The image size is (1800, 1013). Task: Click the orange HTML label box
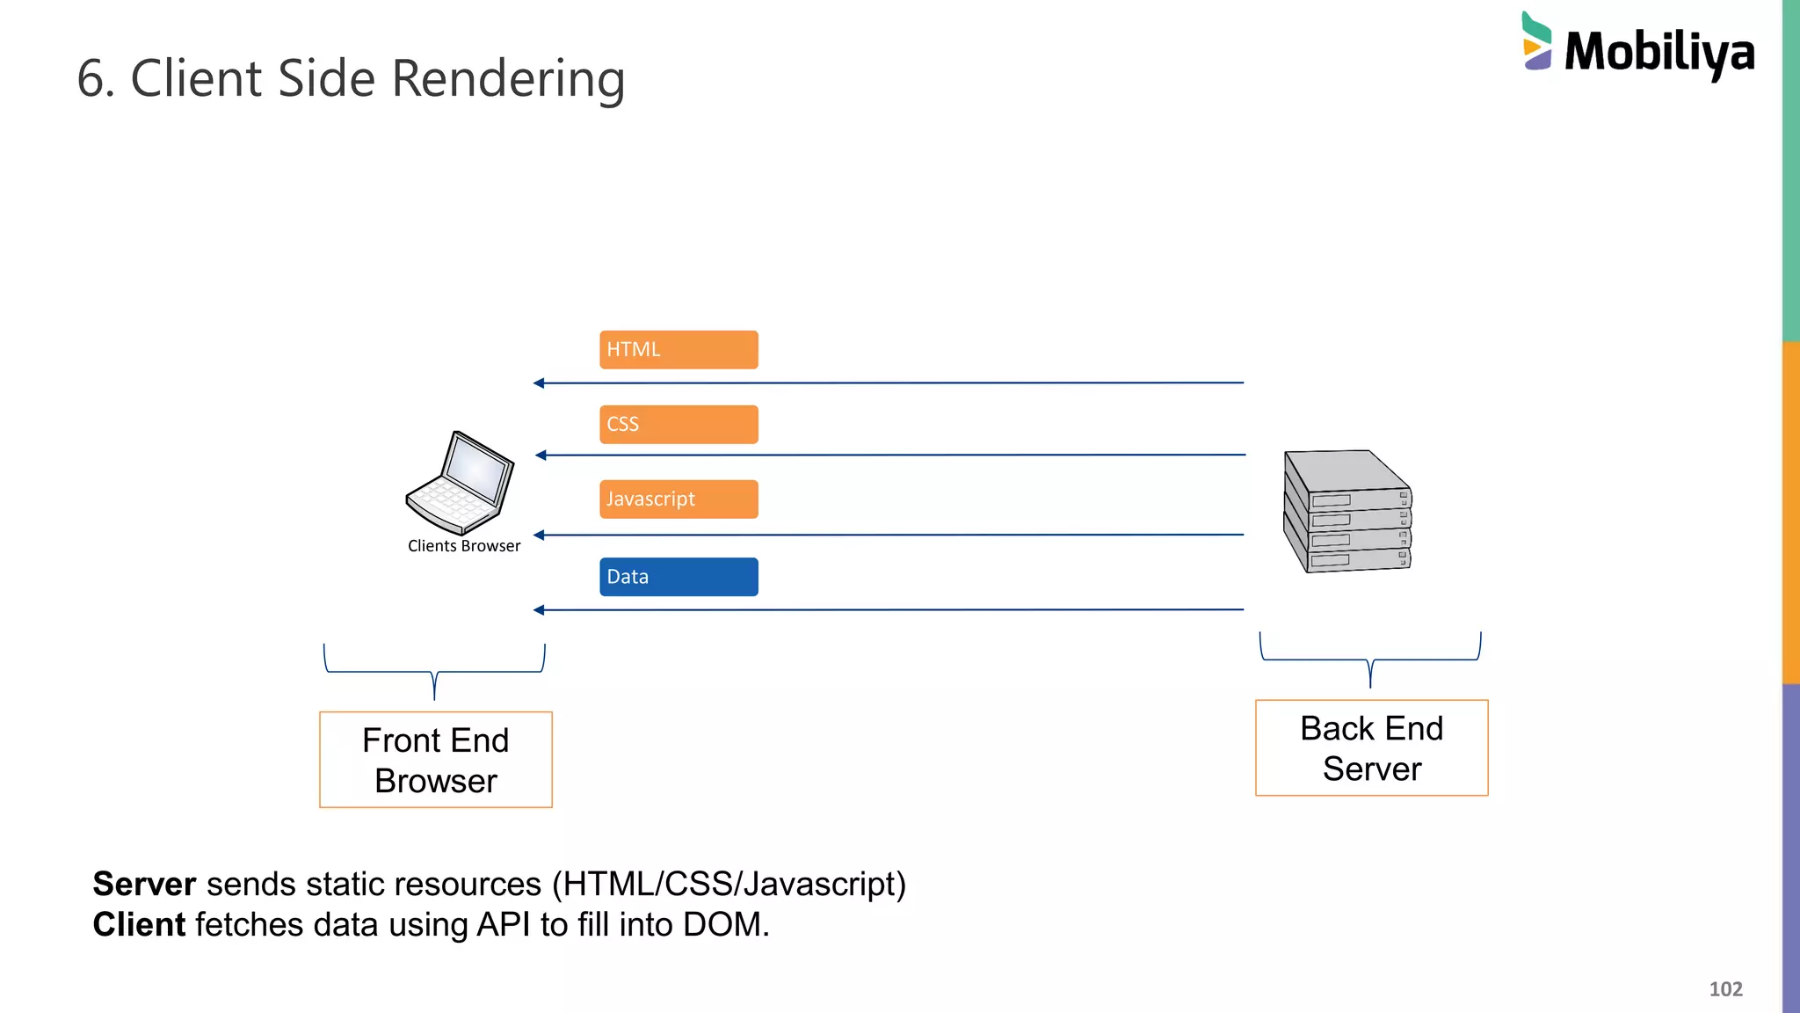pyautogui.click(x=679, y=349)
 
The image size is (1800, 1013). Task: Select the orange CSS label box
pyautogui.click(x=679, y=424)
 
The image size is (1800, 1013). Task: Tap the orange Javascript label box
pyautogui.click(x=679, y=499)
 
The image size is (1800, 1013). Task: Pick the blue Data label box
pyautogui.click(x=679, y=577)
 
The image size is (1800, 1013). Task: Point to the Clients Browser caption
pyautogui.click(x=464, y=546)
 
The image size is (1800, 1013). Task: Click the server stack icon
pyautogui.click(x=1346, y=512)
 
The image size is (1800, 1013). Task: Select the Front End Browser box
pyautogui.click(x=436, y=760)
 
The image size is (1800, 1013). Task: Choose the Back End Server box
pyautogui.click(x=1371, y=748)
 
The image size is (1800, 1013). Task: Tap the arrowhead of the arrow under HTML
pyautogui.click(x=539, y=383)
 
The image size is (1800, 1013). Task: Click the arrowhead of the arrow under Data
pyautogui.click(x=539, y=610)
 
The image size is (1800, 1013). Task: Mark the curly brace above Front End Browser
pyautogui.click(x=434, y=673)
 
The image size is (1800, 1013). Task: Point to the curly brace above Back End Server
pyautogui.click(x=1370, y=660)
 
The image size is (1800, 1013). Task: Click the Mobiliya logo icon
pyautogui.click(x=1536, y=41)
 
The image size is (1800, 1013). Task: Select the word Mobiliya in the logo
pyautogui.click(x=1659, y=53)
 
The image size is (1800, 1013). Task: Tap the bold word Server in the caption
pyautogui.click(x=144, y=884)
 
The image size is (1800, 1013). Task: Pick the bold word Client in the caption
pyautogui.click(x=139, y=924)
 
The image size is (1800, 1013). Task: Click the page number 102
pyautogui.click(x=1725, y=989)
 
